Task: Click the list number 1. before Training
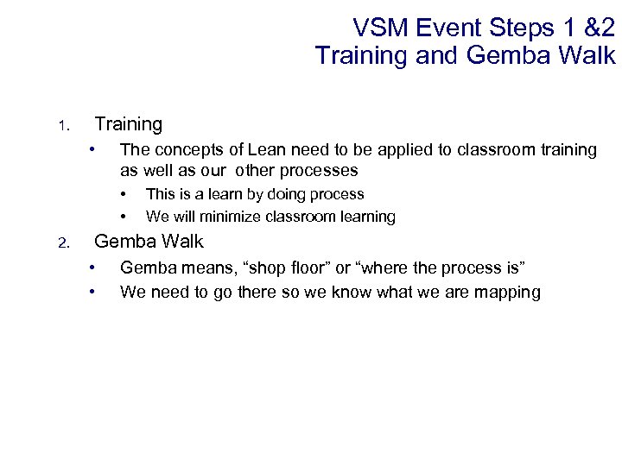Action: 62,127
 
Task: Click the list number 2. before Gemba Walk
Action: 62,243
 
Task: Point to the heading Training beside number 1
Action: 128,124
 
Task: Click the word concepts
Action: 185,150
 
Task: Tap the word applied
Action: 402,150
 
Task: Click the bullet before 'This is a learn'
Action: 124,193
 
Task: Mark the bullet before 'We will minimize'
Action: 124,216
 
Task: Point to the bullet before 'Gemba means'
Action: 92,268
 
